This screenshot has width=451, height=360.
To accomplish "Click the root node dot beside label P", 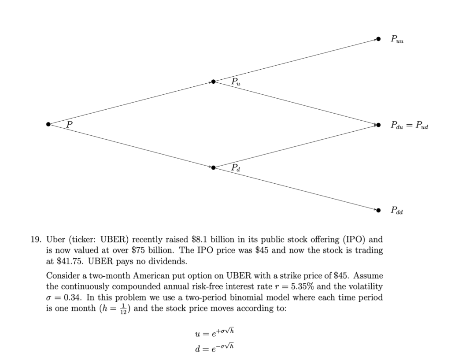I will pyautogui.click(x=48, y=124).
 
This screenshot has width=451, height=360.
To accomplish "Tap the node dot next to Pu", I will pyautogui.click(x=213, y=82).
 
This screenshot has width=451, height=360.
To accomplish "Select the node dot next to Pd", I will pyautogui.click(x=213, y=167).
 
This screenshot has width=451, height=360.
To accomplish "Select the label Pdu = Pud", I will pyautogui.click(x=409, y=126).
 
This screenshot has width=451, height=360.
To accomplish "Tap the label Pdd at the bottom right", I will pyautogui.click(x=396, y=211).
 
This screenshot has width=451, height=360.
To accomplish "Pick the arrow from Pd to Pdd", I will pyautogui.click(x=295, y=189).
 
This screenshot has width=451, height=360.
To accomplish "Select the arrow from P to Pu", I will pyautogui.click(x=130, y=103).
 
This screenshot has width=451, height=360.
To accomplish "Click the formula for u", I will pyautogui.click(x=214, y=332).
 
